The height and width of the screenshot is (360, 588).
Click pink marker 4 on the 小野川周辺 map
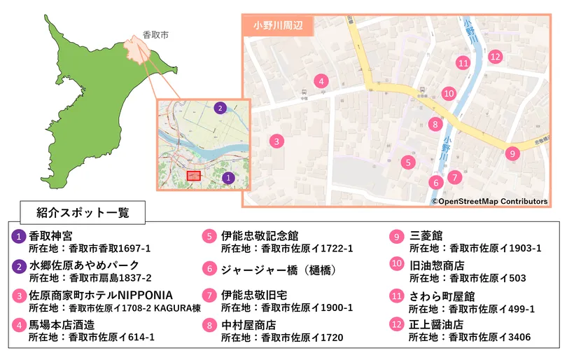321,81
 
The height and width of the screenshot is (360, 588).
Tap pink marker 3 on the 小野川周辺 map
277,141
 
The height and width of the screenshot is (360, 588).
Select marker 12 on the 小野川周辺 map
496,57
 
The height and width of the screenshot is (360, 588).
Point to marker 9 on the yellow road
512,153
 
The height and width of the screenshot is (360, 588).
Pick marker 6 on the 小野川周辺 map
435,183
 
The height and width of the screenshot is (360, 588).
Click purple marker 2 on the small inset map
220,108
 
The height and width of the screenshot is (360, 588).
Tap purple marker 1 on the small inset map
227,179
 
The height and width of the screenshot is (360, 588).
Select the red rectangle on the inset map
194,176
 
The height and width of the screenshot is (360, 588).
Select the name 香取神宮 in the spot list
50,236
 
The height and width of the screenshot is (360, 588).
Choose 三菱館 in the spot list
426,236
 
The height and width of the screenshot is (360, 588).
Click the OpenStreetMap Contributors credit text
489,202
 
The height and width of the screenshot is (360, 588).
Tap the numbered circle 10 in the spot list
397,265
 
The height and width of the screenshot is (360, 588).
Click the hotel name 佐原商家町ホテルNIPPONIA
101,295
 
